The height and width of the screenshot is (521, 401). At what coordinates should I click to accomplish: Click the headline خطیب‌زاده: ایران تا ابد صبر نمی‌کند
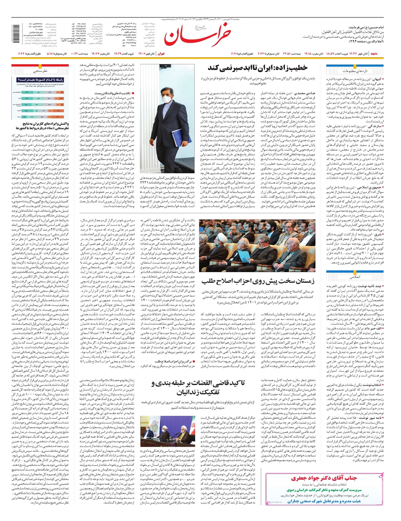point(257,68)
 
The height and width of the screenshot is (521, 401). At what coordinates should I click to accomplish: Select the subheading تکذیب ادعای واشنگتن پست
point(115,93)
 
